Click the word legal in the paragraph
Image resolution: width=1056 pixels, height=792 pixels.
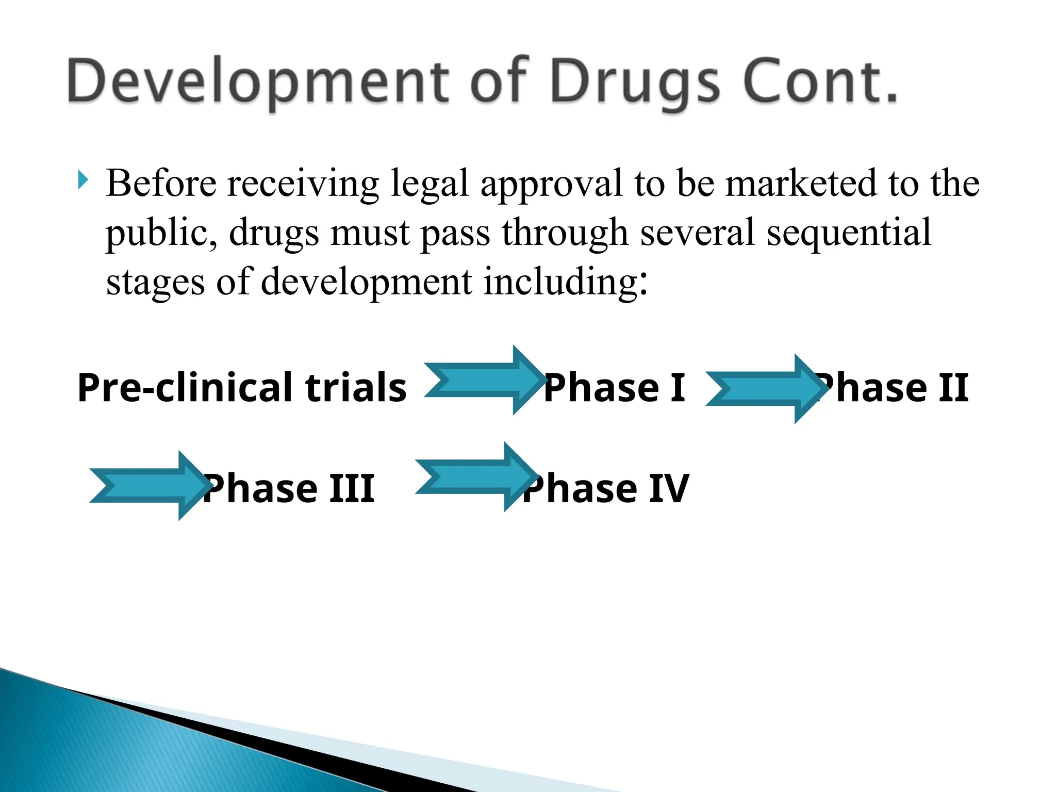click(430, 185)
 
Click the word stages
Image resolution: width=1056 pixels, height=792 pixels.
click(155, 283)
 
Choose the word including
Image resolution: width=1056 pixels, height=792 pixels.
click(565, 283)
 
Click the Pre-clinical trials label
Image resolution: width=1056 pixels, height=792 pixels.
click(242, 388)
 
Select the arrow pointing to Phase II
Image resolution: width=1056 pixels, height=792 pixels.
click(763, 389)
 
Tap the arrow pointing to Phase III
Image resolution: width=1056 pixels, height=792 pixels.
click(147, 485)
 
